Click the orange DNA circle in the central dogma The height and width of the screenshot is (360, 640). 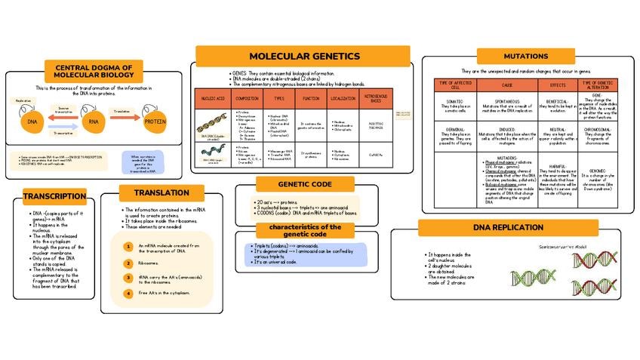tap(32, 121)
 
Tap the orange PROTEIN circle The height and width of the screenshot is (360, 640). tap(155, 121)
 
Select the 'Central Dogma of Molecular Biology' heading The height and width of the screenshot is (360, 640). tap(94, 71)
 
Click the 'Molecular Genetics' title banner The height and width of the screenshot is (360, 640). tap(303, 56)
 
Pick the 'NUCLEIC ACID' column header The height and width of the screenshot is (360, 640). tap(211, 99)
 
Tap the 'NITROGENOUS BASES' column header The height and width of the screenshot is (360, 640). tap(375, 99)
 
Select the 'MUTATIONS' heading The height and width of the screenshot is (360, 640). tap(525, 57)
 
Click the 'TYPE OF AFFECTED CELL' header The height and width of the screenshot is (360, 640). tap(454, 85)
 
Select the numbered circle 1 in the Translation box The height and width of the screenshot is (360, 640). tap(128, 246)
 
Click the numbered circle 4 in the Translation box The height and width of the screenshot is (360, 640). tap(128, 292)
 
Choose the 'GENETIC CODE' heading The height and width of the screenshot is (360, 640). tap(304, 183)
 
